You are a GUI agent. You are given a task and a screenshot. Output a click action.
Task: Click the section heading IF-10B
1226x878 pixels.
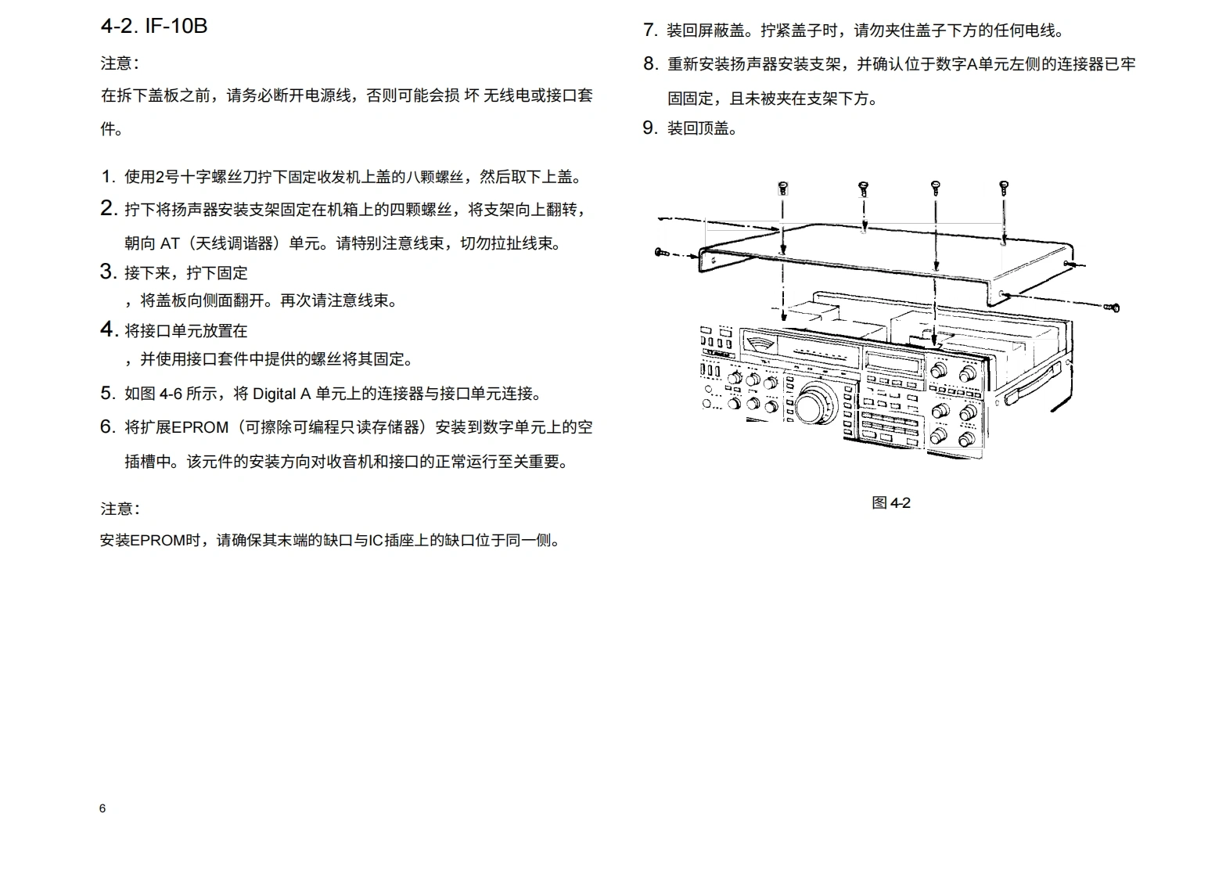click(154, 26)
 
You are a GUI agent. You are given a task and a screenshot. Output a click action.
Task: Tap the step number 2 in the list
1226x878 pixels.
click(108, 209)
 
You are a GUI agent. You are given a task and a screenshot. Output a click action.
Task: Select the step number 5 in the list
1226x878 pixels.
click(107, 393)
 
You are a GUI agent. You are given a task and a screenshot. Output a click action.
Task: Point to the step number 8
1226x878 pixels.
click(649, 64)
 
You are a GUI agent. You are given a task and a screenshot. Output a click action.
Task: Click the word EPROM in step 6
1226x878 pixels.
click(200, 427)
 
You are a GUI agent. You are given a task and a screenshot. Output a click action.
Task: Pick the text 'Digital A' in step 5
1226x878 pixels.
click(282, 394)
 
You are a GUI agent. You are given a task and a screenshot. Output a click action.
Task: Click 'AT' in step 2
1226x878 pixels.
click(170, 243)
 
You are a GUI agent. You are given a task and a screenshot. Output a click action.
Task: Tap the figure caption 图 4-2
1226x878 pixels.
click(891, 502)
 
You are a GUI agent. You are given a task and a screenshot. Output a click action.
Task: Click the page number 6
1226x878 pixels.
click(102, 808)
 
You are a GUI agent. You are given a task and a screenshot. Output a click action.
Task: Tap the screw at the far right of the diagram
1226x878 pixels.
click(1113, 308)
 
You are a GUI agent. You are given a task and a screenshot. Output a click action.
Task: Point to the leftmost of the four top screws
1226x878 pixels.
click(782, 188)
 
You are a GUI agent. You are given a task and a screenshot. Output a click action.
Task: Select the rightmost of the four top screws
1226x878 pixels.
click(1004, 187)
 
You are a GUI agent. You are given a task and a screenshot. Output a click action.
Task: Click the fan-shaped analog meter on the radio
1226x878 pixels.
click(758, 345)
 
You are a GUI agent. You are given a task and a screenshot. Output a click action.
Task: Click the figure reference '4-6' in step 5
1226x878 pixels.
click(171, 394)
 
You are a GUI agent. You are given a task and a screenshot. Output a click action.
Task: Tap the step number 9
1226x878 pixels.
click(649, 128)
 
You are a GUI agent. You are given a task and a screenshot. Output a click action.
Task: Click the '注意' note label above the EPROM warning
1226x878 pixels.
click(120, 509)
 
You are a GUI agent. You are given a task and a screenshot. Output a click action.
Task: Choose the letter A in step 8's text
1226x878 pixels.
click(973, 64)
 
